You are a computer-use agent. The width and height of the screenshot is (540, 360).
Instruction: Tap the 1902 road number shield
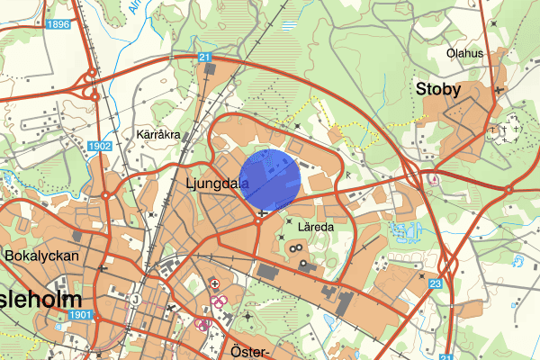[100, 145]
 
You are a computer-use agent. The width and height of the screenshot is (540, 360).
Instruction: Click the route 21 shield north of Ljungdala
[204, 58]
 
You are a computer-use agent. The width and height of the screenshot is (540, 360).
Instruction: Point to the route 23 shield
[436, 284]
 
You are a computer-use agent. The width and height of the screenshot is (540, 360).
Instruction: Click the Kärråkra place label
[158, 135]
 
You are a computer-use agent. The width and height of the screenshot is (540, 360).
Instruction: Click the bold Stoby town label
[437, 89]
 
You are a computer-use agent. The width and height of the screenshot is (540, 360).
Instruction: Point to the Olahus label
[465, 53]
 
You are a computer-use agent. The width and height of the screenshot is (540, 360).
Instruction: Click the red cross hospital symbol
[215, 283]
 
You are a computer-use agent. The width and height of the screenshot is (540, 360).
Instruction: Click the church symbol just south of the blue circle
[261, 213]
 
